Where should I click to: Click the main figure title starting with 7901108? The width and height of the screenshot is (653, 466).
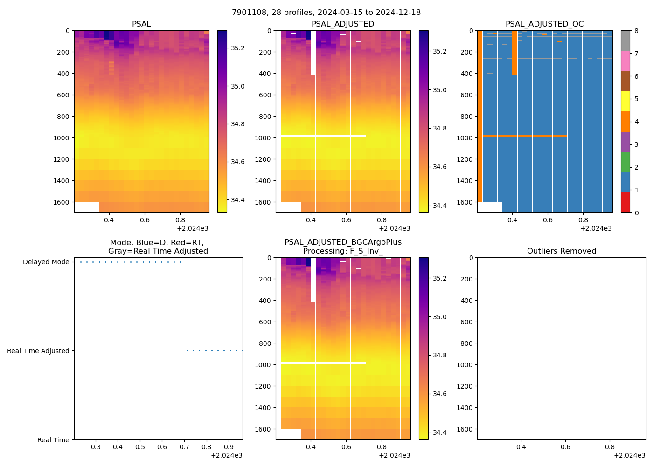pos(326,13)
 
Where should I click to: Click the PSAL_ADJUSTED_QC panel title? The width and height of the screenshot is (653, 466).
pos(544,24)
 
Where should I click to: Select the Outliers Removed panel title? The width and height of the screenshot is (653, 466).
pos(561,251)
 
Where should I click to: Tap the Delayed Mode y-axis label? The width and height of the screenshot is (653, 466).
pos(46,262)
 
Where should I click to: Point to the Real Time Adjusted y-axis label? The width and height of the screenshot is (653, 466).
pos(38,351)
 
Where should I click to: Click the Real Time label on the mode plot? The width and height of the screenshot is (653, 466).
pos(53,440)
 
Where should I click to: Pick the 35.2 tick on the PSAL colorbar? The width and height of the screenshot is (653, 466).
pos(238,48)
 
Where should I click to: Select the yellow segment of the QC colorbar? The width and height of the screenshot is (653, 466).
pos(625,101)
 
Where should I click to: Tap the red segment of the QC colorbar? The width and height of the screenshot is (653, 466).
pos(625,203)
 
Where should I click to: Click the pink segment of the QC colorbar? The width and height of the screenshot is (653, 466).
pos(625,61)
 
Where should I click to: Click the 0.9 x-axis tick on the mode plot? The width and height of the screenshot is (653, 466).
pos(229,447)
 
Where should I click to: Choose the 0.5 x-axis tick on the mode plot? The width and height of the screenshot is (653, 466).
pos(140,447)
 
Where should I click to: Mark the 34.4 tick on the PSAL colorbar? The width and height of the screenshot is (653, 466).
pos(238,200)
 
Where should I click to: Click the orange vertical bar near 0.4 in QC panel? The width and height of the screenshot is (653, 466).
pos(514,53)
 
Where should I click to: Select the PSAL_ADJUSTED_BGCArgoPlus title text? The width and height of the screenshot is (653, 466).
pos(343,242)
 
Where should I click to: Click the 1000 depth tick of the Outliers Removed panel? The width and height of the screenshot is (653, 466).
pos(465,365)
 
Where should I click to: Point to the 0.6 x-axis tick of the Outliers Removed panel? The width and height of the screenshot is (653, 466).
pos(565,447)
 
